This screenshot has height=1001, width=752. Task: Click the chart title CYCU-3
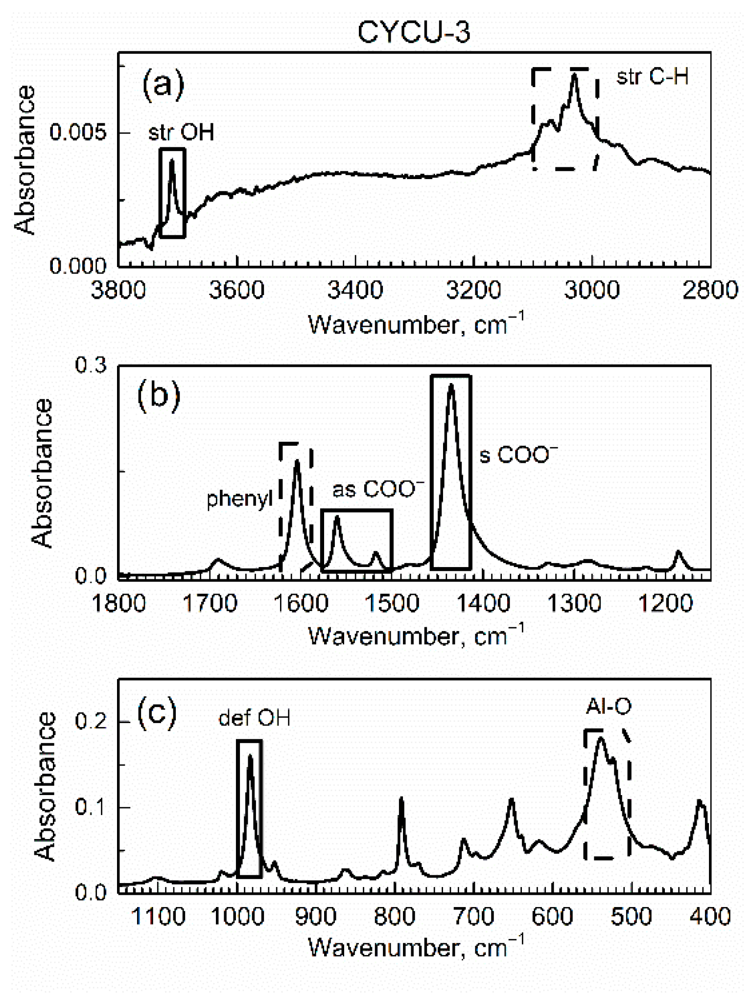tap(414, 32)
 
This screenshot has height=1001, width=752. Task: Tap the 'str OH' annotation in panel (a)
tap(181, 132)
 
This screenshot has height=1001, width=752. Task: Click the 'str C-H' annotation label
tap(652, 77)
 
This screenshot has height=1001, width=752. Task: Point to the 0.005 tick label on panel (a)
tap(78, 132)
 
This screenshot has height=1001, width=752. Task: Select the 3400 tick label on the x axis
tap(355, 290)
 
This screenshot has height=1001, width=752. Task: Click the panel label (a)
tap(163, 84)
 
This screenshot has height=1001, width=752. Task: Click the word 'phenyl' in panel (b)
tap(239, 499)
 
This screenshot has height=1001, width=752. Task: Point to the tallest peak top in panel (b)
tap(451, 385)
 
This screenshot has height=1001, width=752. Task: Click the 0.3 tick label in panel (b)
tap(91, 365)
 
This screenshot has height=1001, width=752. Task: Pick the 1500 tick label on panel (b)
tap(392, 603)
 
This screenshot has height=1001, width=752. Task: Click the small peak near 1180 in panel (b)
tap(678, 553)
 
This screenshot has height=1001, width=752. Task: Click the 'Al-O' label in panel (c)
tap(609, 706)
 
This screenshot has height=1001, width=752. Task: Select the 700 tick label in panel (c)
tap(474, 916)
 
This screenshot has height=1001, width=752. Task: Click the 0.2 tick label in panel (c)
tap(91, 722)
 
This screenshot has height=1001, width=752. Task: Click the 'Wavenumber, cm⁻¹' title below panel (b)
tap(415, 636)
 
